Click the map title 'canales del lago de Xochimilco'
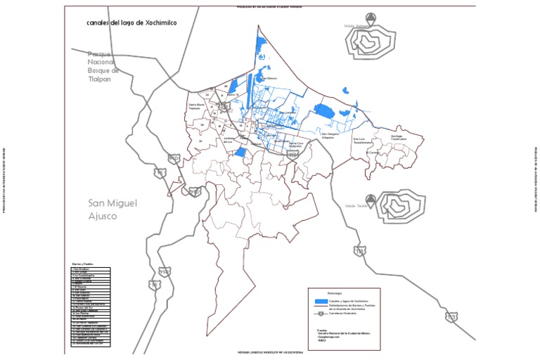(x=131, y=23)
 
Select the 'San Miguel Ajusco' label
(x=112, y=210)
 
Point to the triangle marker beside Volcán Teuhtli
(x=371, y=199)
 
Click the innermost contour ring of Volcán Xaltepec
(x=367, y=45)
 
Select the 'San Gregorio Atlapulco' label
(x=329, y=135)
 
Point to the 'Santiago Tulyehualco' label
(x=399, y=138)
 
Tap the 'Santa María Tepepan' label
(x=196, y=107)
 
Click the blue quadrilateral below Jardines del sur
(x=239, y=152)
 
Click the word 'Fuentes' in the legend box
(x=322, y=328)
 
